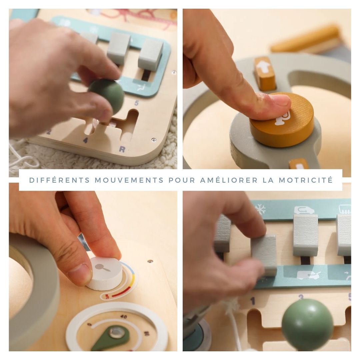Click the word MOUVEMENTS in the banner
[x=129, y=180]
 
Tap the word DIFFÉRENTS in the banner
[x=60, y=180]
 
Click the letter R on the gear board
[x=122, y=149]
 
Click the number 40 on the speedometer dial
[x=124, y=317]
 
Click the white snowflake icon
[x=260, y=209]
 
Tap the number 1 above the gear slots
[x=253, y=301]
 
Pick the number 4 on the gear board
[x=85, y=140]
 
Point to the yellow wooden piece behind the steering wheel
[x=306, y=39]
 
